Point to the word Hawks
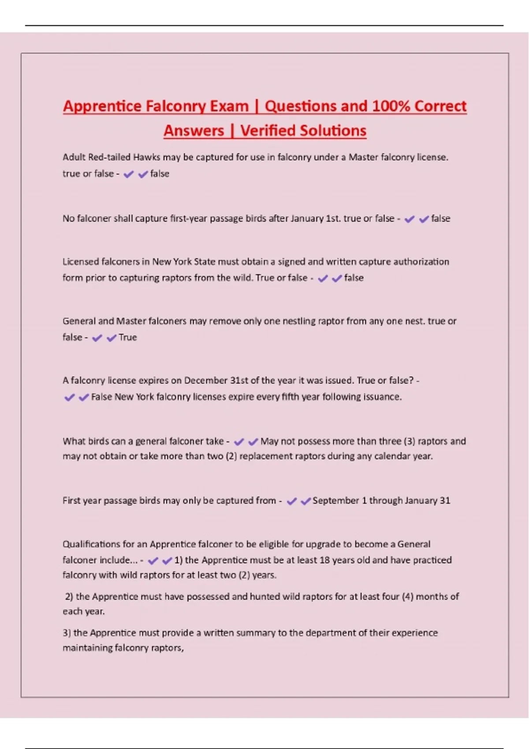click(147, 157)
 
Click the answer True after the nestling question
click(128, 337)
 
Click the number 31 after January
click(445, 501)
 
